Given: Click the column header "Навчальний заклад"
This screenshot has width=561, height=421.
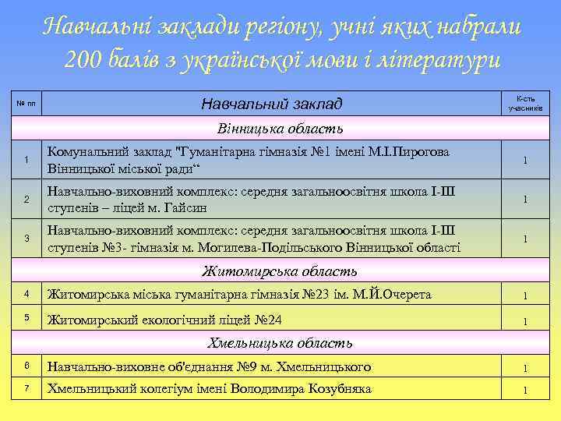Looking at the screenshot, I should coord(271,104).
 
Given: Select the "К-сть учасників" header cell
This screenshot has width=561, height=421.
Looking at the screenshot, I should coord(525,104).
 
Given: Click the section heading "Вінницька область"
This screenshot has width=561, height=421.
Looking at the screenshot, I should coord(280,128).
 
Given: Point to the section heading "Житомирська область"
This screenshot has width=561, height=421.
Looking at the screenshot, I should coord(280,271).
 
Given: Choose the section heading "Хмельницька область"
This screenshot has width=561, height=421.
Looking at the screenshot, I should coord(280,342).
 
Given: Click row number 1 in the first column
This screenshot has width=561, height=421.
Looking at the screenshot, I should coord(26,160).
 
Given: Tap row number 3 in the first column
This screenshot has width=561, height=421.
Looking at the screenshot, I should coord(26,238).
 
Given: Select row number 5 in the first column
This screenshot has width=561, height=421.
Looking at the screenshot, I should coord(26,318).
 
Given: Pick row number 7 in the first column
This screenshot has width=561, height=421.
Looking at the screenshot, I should coord(26,388).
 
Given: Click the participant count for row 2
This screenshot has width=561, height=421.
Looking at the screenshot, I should coord(525,200).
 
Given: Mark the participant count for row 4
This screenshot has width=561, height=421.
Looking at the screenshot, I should coord(525,295).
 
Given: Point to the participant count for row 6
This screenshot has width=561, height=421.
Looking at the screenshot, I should coord(525,368).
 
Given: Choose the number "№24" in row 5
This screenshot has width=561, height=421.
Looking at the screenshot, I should coord(266,319).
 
